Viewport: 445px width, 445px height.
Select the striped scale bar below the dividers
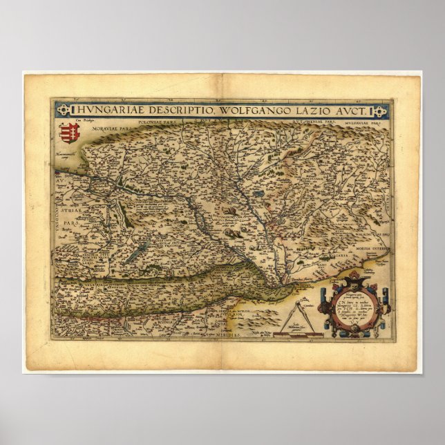tap(294, 335)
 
